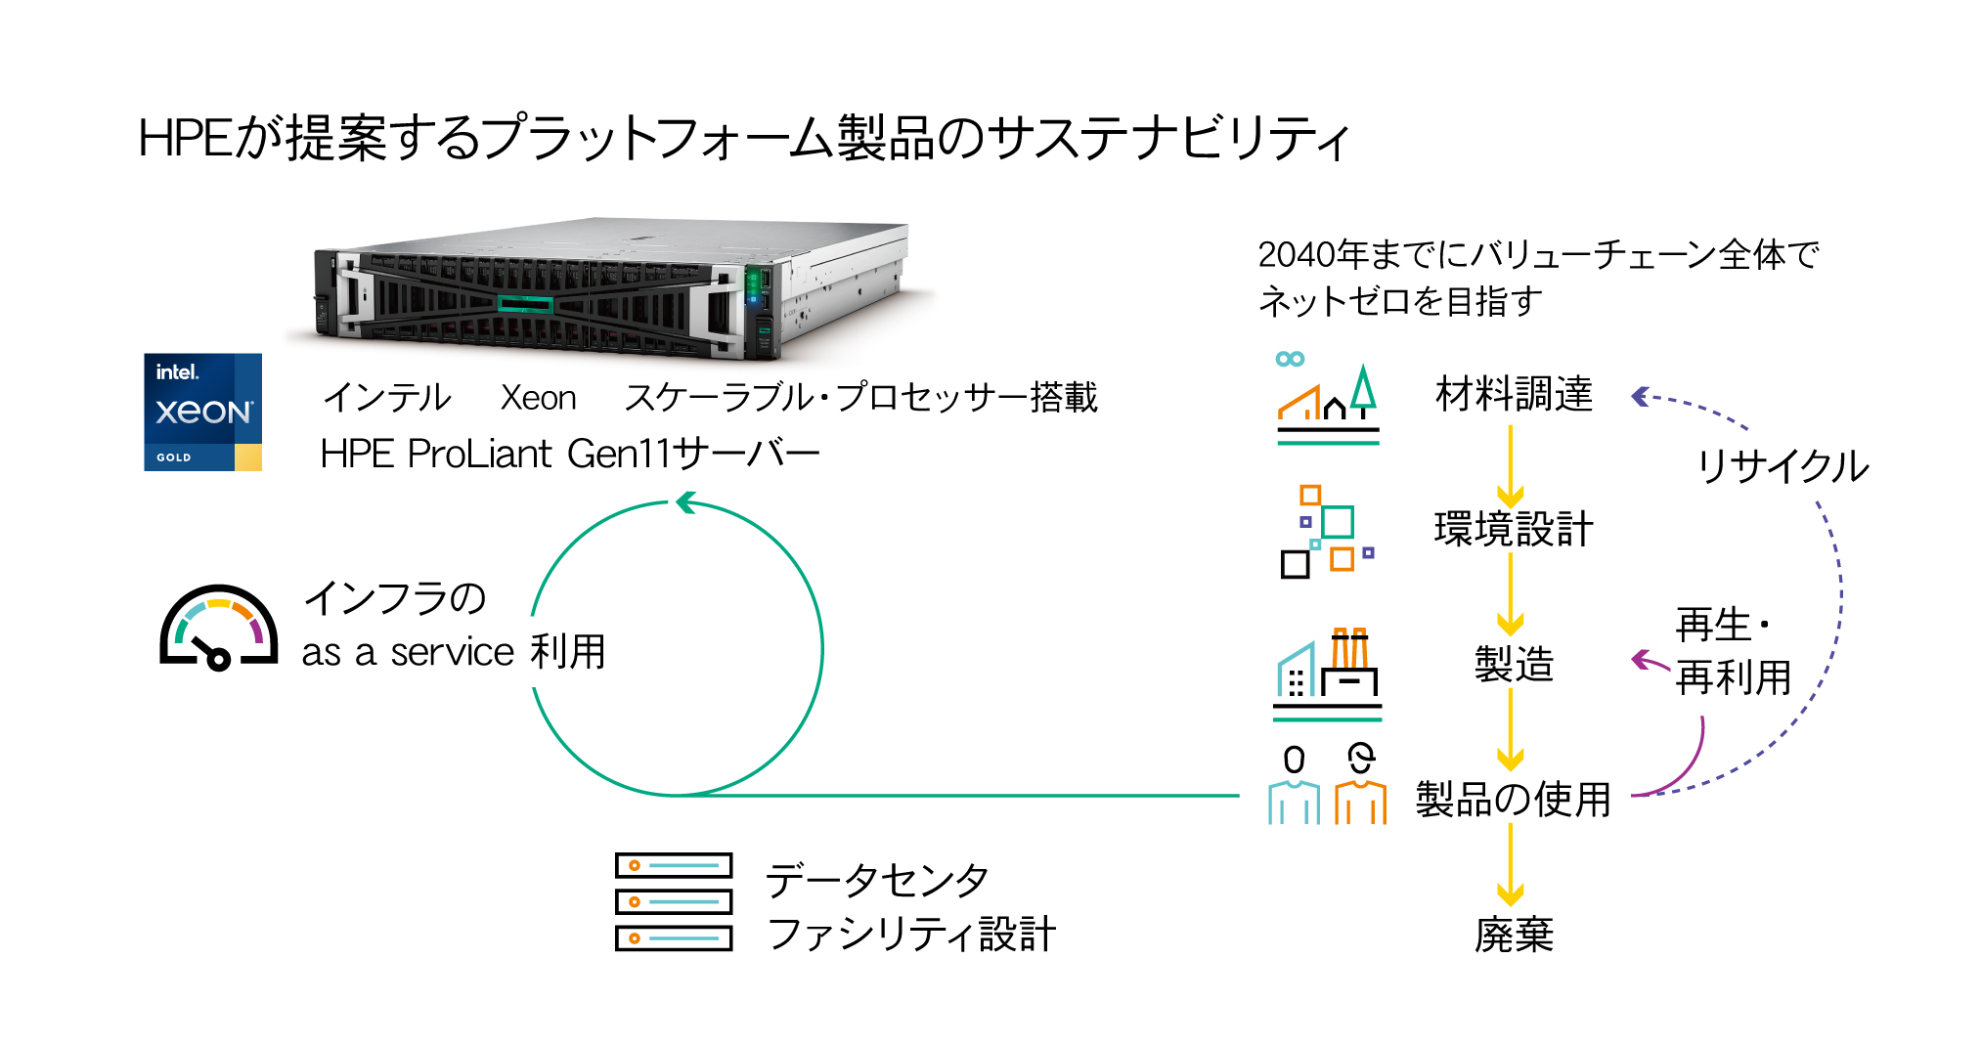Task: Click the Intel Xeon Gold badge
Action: click(x=202, y=412)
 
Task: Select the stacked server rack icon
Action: click(x=674, y=901)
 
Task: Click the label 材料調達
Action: click(x=1514, y=394)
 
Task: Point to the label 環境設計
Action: click(x=1514, y=529)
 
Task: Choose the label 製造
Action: click(x=1514, y=665)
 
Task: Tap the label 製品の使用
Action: click(x=1514, y=800)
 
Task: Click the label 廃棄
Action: click(x=1514, y=935)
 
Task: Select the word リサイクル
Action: click(x=1783, y=466)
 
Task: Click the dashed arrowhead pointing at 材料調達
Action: click(x=1641, y=396)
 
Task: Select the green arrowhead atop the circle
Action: click(x=685, y=502)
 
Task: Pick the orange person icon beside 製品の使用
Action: click(x=1360, y=787)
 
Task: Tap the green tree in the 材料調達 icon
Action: click(x=1363, y=388)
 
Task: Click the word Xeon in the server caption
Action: click(x=538, y=398)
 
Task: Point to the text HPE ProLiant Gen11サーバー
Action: click(x=570, y=454)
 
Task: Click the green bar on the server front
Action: click(x=525, y=305)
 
